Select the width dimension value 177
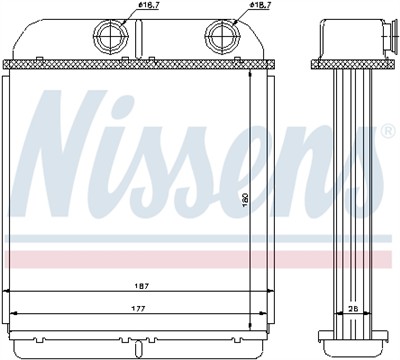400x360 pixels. click(133, 309)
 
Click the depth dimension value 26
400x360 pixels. click(352, 309)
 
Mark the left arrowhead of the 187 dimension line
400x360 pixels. click(9, 291)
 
